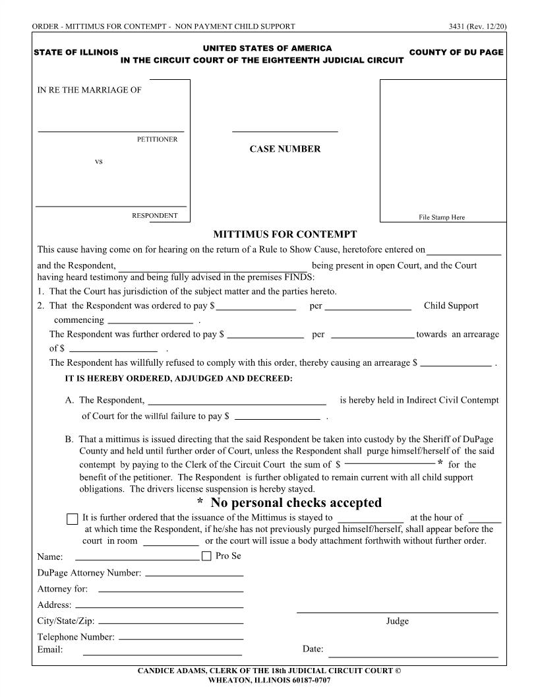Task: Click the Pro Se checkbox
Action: pyautogui.click(x=206, y=556)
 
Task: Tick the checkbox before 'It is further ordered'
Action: pyautogui.click(x=73, y=519)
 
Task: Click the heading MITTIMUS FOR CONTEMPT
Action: pyautogui.click(x=285, y=234)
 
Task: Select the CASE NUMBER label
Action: pyautogui.click(x=285, y=149)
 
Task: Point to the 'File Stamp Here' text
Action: pyautogui.click(x=442, y=217)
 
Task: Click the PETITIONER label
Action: pyautogui.click(x=157, y=139)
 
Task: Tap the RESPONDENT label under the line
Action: pyautogui.click(x=154, y=215)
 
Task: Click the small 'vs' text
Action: pyautogui.click(x=99, y=161)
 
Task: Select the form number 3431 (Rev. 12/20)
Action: pyautogui.click(x=477, y=26)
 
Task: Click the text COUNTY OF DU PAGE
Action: pyautogui.click(x=456, y=52)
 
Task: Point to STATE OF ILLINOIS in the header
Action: pyautogui.click(x=76, y=52)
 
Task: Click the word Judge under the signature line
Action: pyautogui.click(x=397, y=621)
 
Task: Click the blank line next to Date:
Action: pyautogui.click(x=413, y=656)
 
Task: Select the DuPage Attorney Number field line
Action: pyautogui.click(x=194, y=575)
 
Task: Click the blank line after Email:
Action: pyautogui.click(x=162, y=653)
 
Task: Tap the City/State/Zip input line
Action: pyautogui.click(x=171, y=622)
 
